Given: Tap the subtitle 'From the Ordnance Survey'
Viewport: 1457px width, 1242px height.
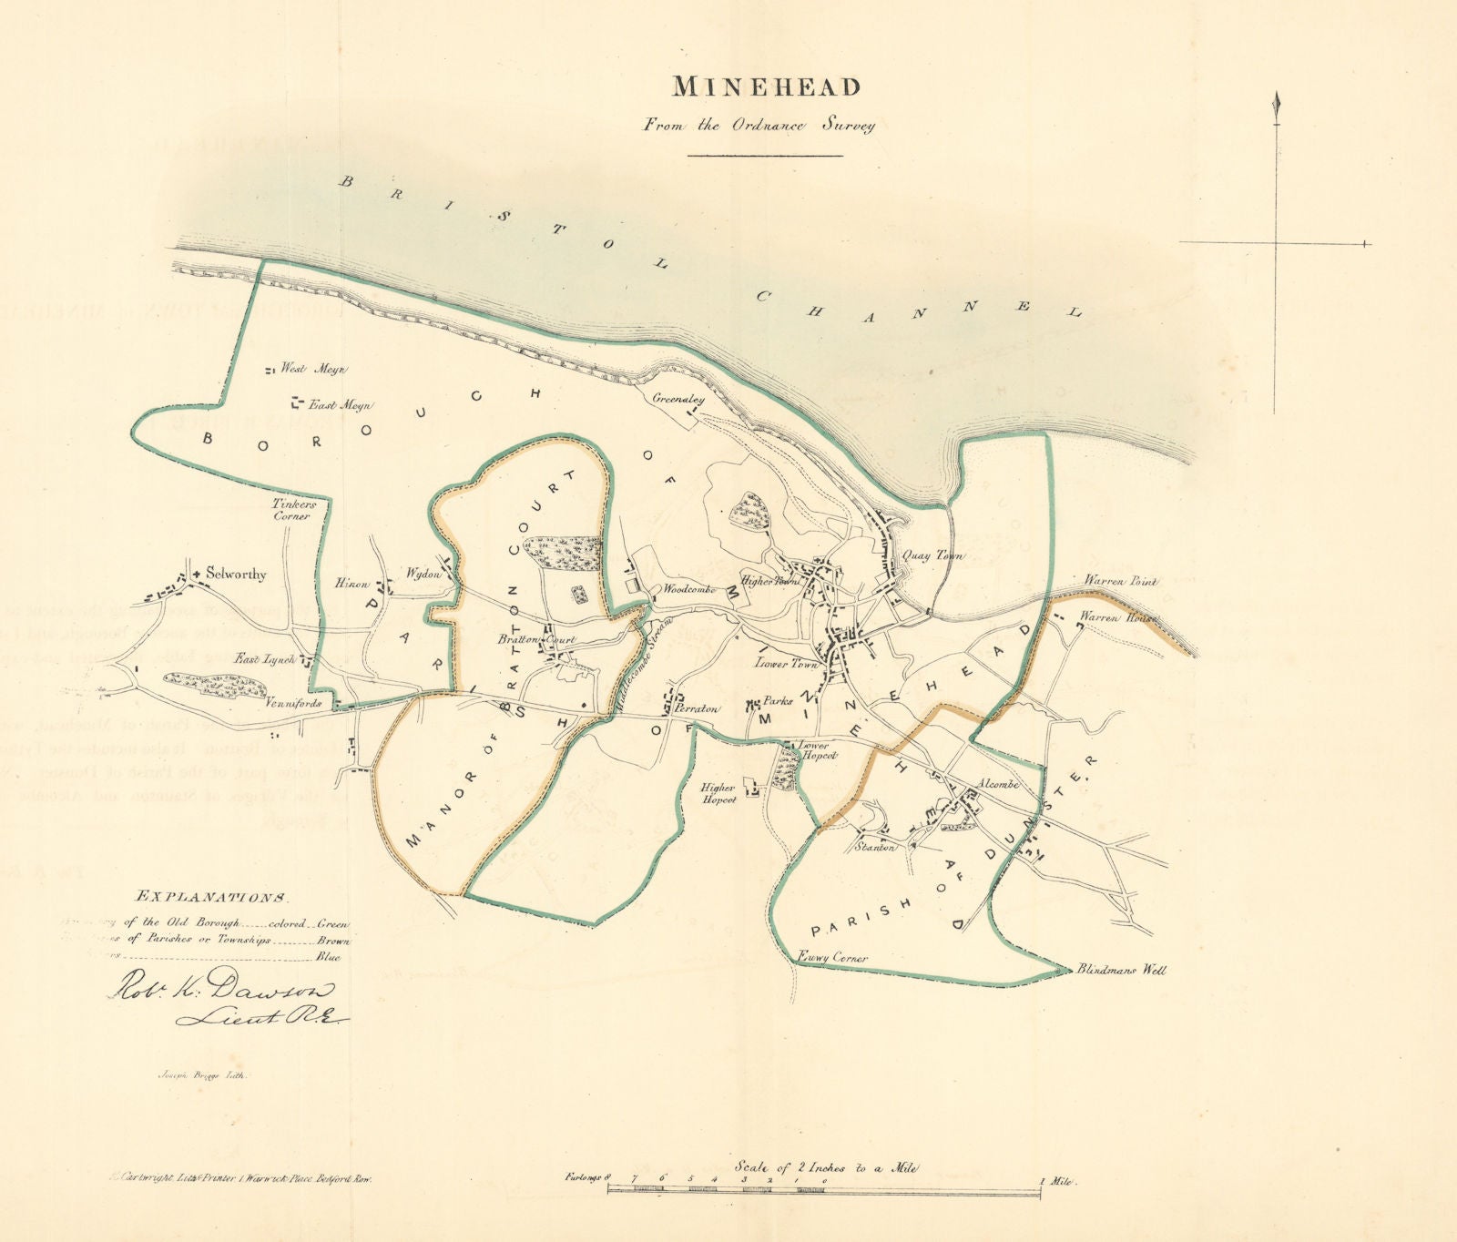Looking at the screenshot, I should (x=759, y=126).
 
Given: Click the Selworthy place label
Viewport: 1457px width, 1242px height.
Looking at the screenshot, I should (x=236, y=575).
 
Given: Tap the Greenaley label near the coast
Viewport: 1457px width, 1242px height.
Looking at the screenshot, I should (x=678, y=399).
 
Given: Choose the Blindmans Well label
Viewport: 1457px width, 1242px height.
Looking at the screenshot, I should (x=1120, y=971).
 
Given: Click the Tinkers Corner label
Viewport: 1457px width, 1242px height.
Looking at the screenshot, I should (x=291, y=509).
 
